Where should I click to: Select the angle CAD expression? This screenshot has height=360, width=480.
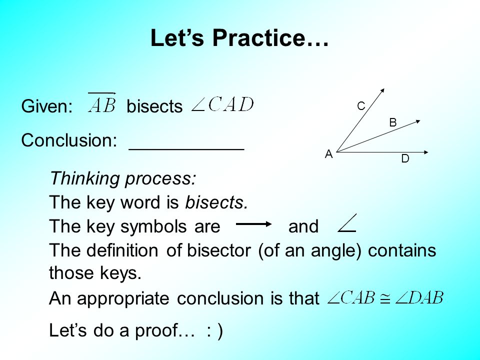(x=223, y=105)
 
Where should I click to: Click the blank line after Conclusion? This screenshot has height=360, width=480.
(x=186, y=148)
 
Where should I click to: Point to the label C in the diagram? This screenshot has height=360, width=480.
(x=361, y=106)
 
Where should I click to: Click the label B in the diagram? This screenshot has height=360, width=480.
(x=392, y=122)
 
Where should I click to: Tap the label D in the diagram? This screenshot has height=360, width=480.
(x=405, y=159)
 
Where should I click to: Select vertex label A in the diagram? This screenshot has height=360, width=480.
(x=328, y=154)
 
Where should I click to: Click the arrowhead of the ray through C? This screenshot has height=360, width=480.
(x=382, y=90)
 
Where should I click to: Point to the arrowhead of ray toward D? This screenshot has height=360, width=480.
(x=426, y=151)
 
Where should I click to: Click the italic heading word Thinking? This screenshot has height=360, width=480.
(x=83, y=178)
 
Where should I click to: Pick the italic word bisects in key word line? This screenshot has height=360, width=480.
(x=216, y=202)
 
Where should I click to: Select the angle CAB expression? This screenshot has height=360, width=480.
(x=350, y=298)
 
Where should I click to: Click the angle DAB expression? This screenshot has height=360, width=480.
(x=419, y=298)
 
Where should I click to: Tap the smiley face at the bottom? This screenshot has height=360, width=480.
(x=214, y=331)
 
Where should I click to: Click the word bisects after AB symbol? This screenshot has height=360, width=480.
(x=154, y=106)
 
